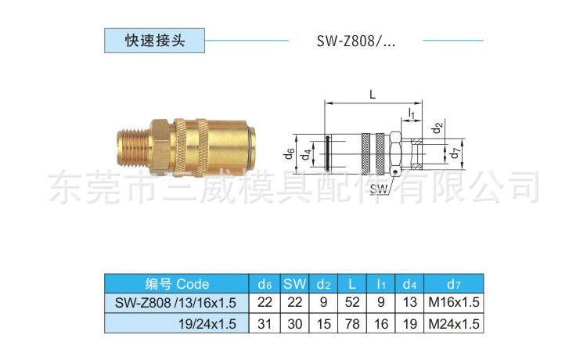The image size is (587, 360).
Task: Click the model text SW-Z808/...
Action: click(356, 40)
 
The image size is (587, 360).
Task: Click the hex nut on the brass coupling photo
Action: click(155, 145)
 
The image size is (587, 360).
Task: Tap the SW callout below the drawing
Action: click(380, 189)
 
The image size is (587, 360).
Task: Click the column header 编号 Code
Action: click(177, 283)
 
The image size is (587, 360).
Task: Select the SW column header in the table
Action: click(294, 283)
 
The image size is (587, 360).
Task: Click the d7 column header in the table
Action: click(453, 283)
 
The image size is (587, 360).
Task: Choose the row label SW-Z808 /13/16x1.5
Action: click(177, 303)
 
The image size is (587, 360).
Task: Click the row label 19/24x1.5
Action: click(205, 322)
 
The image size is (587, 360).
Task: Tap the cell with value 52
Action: click(352, 303)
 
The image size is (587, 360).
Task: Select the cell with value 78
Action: click(352, 322)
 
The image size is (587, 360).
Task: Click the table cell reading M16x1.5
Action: click(453, 303)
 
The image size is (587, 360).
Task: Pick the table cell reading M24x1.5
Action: click(453, 322)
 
